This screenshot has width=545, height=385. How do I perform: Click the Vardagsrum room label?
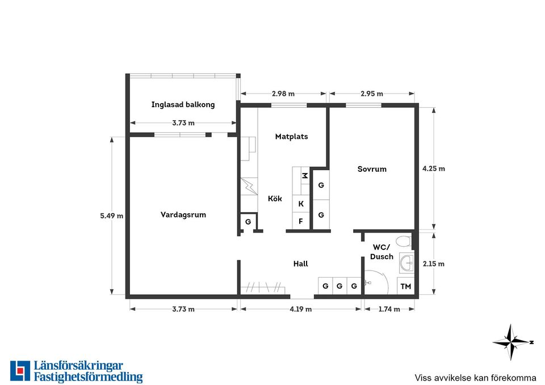[183, 214]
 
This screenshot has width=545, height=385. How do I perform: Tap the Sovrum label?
[372, 169]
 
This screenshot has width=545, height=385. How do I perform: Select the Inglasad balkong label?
[183, 104]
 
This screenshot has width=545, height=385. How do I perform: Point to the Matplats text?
[291, 137]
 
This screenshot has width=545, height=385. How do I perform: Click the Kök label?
[275, 198]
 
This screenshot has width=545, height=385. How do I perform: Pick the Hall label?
[301, 264]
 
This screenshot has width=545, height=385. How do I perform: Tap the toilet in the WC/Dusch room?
[404, 240]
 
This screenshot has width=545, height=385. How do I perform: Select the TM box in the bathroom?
[405, 286]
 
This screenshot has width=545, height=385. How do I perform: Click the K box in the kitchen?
[301, 204]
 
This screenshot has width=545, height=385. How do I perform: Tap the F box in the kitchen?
[301, 221]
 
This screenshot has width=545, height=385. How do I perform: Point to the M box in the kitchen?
[305, 176]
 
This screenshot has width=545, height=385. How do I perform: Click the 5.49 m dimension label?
[112, 216]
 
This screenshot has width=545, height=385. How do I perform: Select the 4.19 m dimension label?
[301, 309]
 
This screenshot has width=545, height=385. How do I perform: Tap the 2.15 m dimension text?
[433, 264]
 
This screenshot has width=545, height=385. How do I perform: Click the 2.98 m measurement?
[283, 94]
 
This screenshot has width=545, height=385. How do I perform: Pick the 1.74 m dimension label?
[389, 309]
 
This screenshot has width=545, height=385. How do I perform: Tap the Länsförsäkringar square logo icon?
[20, 371]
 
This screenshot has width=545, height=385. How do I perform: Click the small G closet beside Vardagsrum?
[248, 222]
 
